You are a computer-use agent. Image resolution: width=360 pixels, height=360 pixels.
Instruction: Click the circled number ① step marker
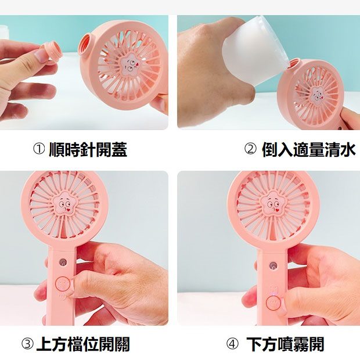[x=38, y=149]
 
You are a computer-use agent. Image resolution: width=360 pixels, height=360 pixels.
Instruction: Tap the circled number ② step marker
[x=250, y=149]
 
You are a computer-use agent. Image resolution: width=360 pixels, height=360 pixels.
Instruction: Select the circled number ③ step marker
[x=27, y=344]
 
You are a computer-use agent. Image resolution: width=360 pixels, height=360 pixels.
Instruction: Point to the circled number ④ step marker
[x=232, y=344]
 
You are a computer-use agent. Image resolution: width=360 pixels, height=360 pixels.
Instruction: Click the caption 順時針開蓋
[x=88, y=149]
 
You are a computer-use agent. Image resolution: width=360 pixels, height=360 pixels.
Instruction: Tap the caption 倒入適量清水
[x=309, y=149]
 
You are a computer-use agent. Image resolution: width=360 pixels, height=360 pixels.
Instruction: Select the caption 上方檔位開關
[x=83, y=344]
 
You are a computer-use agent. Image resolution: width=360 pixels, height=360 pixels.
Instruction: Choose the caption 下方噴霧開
[x=285, y=344]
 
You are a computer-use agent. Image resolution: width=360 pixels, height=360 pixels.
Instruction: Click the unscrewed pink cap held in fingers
[x=51, y=52]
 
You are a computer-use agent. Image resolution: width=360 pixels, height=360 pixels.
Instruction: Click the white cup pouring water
[x=255, y=51]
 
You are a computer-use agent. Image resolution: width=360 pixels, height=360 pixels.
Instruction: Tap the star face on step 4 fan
[x=272, y=204]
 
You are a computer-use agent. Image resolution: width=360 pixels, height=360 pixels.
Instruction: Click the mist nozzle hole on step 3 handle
[x=63, y=262]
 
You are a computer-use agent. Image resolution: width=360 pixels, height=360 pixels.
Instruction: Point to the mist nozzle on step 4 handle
[x=272, y=265]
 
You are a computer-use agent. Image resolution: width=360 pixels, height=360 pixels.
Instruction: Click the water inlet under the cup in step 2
[x=294, y=64]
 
